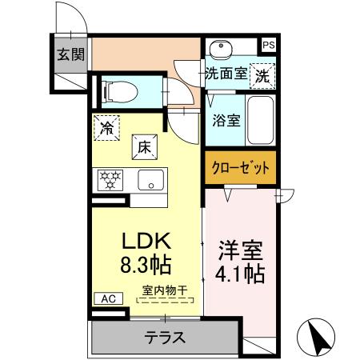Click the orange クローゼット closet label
tap(239, 168)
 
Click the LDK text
tap(143, 241)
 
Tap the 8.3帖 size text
tap(143, 265)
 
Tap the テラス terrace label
tap(165, 336)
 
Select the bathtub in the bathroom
tap(259, 118)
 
